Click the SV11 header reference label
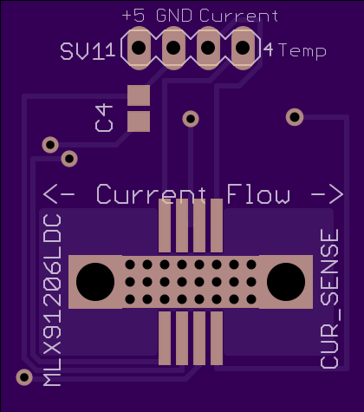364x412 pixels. coord(88,51)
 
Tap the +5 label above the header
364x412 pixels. coord(133,16)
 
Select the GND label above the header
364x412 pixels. coord(174,16)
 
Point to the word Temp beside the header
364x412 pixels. coord(302,51)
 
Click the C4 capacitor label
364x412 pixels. coord(104,119)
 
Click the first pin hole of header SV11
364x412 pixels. coord(139,48)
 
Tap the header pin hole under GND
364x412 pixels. coord(173,48)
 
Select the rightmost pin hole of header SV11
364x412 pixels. coord(243,48)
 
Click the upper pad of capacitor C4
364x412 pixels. coord(139,95)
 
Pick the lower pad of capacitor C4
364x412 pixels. coord(139,121)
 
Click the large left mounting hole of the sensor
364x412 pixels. coord(95,282)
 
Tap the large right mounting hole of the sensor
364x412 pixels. coord(286,282)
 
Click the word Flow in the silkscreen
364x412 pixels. coord(258,193)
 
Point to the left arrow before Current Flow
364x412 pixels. coord(59,193)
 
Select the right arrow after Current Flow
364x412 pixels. coord(328,193)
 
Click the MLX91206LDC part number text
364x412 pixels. coord(52,300)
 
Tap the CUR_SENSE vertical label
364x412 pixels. coord(329,299)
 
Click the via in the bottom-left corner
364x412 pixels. coord(24,377)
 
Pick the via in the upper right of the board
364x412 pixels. coord(295,117)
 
